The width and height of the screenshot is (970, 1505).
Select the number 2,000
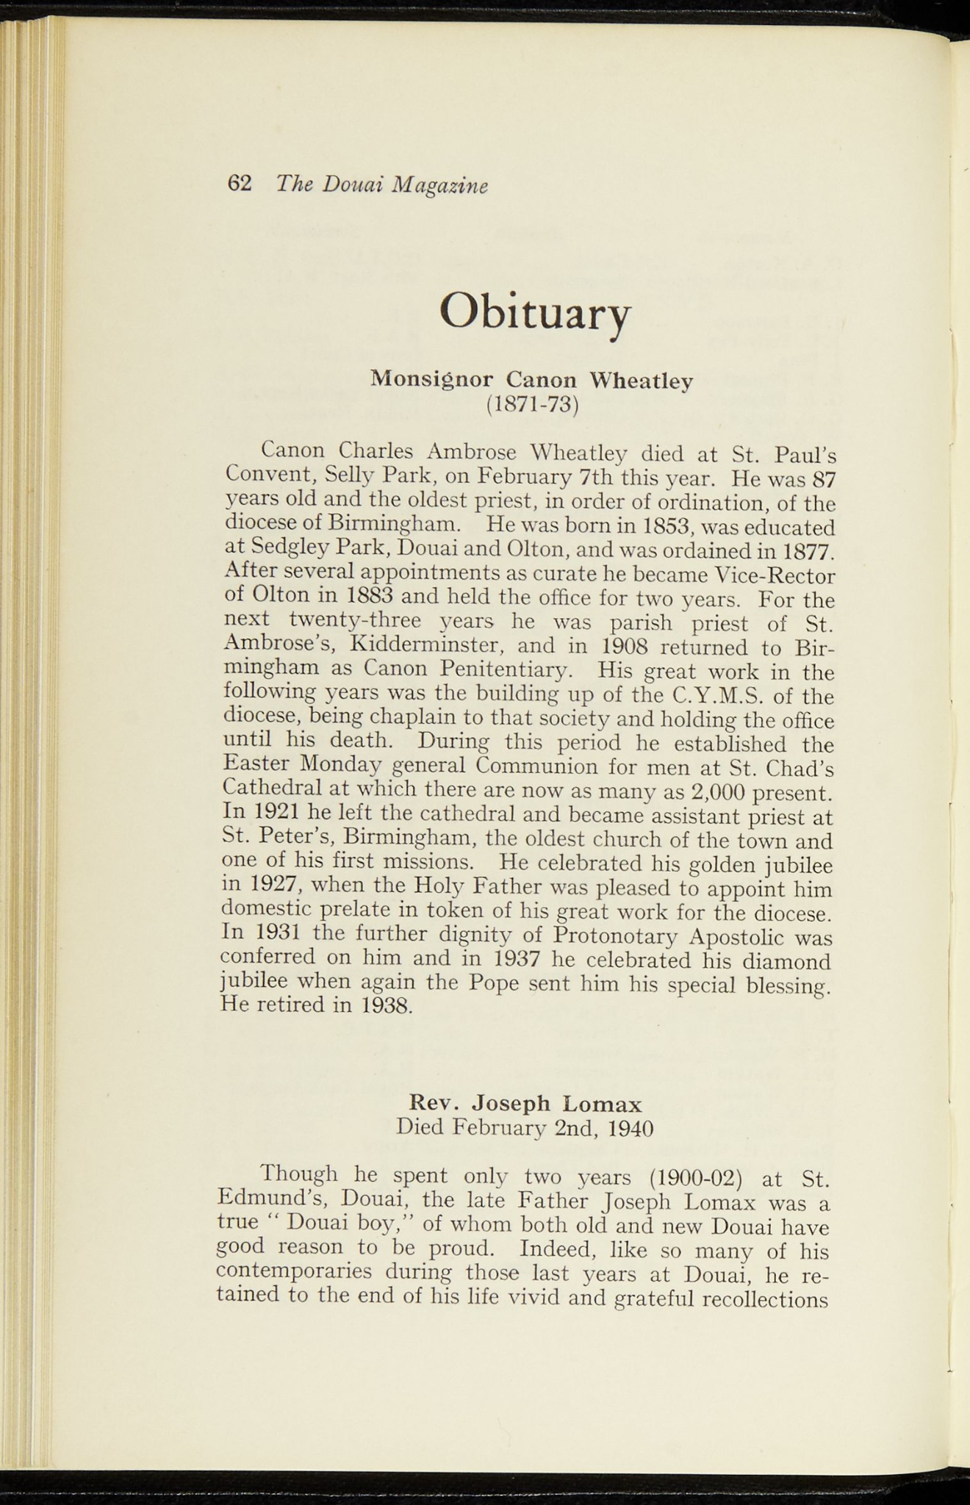[724, 792]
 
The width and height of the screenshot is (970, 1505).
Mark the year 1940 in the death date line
[631, 1127]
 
